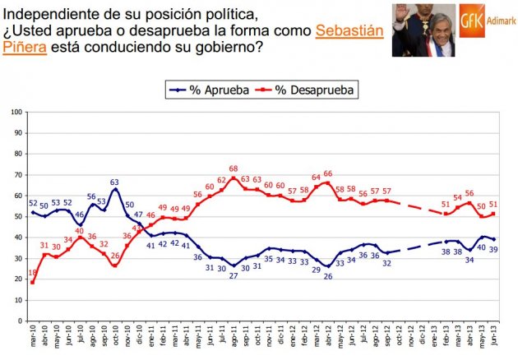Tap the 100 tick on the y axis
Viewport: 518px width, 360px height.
16,110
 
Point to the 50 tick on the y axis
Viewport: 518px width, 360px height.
17,215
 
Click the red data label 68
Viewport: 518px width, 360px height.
234,169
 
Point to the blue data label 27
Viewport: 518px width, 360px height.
234,276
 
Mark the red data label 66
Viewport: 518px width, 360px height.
328,173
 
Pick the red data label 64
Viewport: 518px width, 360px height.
315,177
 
